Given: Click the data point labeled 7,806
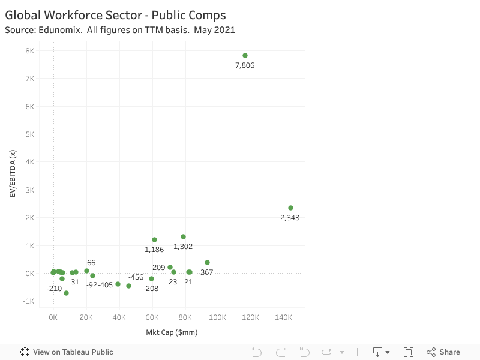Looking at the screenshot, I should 245,55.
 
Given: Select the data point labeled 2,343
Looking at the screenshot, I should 290,208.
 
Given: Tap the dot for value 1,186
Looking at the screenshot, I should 154,239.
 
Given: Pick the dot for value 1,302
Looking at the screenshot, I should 183,236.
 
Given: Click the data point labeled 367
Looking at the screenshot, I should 207,262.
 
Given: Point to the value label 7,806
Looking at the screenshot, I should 245,65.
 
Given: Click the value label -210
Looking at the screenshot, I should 54,289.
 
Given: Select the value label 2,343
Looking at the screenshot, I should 290,218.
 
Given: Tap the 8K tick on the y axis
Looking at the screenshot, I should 29,51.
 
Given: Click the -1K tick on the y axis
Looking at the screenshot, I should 28,301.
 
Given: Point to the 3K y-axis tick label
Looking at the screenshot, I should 29,190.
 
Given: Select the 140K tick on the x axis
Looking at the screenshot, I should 283,317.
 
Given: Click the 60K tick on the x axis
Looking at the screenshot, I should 152,317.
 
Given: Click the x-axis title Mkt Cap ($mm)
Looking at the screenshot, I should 172,332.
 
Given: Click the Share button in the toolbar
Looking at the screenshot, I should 443,352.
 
